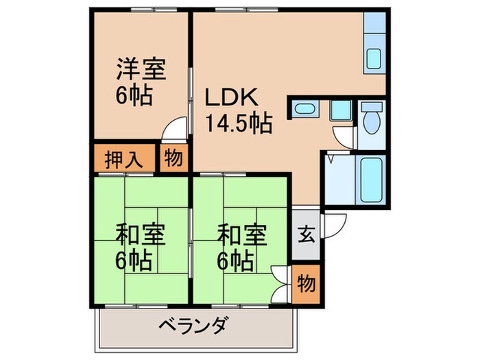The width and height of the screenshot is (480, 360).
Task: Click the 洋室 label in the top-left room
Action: click(142, 69)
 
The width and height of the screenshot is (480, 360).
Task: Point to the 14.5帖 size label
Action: click(239, 123)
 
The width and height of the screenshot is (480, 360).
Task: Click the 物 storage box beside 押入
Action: click(173, 158)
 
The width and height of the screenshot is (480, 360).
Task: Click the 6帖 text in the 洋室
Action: click(134, 94)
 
